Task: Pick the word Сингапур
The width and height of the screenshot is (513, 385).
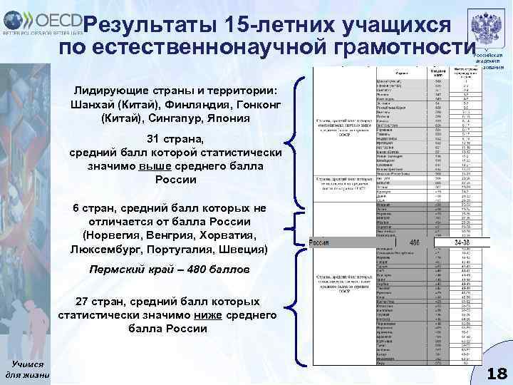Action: click(175, 118)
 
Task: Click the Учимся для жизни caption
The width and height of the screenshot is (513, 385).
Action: click(27, 369)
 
